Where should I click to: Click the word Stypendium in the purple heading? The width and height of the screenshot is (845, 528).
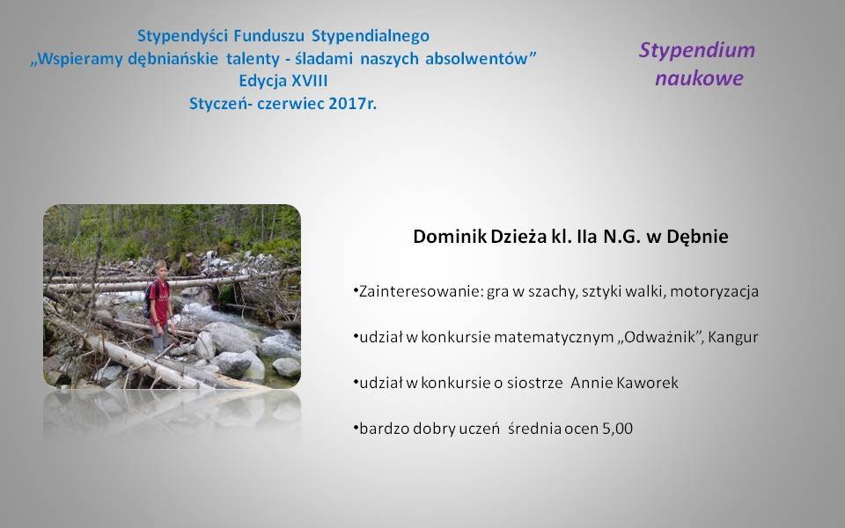tap(697, 51)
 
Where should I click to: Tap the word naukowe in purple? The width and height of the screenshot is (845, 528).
tap(699, 78)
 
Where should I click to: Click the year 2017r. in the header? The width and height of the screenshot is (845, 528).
tap(352, 104)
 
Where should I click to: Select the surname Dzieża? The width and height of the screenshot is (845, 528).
tap(518, 237)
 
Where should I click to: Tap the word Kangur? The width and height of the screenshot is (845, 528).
tap(733, 338)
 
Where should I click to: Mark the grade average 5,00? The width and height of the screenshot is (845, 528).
tap(618, 429)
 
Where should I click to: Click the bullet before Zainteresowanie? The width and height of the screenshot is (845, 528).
tap(356, 290)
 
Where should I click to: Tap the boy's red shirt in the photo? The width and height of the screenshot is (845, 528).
tap(159, 302)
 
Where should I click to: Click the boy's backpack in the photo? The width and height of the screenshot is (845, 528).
tap(148, 300)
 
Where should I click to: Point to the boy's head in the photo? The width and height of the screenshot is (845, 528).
tap(160, 268)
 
